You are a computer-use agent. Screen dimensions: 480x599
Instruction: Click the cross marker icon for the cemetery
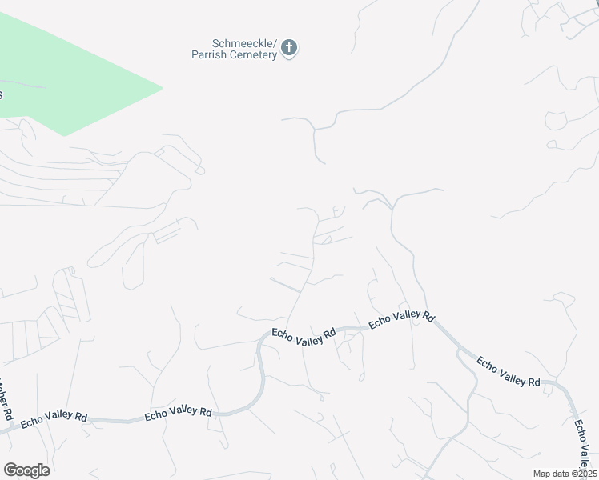(x=290, y=49)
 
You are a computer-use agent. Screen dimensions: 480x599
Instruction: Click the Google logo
(x=26, y=470)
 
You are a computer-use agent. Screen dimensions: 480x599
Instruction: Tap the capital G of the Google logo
(x=10, y=470)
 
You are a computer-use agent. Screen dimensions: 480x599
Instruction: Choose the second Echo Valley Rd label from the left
(x=178, y=414)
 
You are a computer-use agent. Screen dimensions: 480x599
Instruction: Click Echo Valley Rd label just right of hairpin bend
(x=304, y=337)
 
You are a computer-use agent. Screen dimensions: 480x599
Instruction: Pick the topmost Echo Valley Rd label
(x=401, y=320)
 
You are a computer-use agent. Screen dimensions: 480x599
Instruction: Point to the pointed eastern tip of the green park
(x=162, y=87)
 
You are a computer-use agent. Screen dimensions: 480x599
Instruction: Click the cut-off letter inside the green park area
(x=2, y=94)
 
